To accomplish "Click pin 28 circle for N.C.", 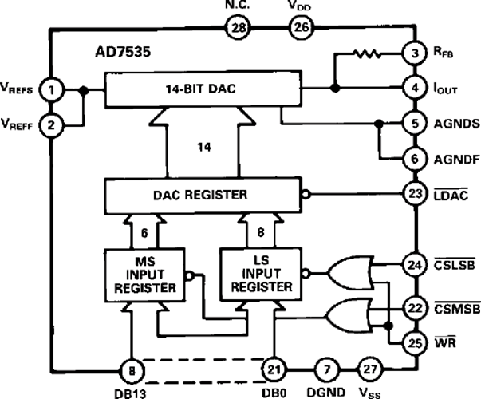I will [239, 29].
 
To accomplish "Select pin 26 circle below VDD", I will [298, 29].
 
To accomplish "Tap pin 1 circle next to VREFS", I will [51, 89].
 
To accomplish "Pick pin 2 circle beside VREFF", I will [51, 124].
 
